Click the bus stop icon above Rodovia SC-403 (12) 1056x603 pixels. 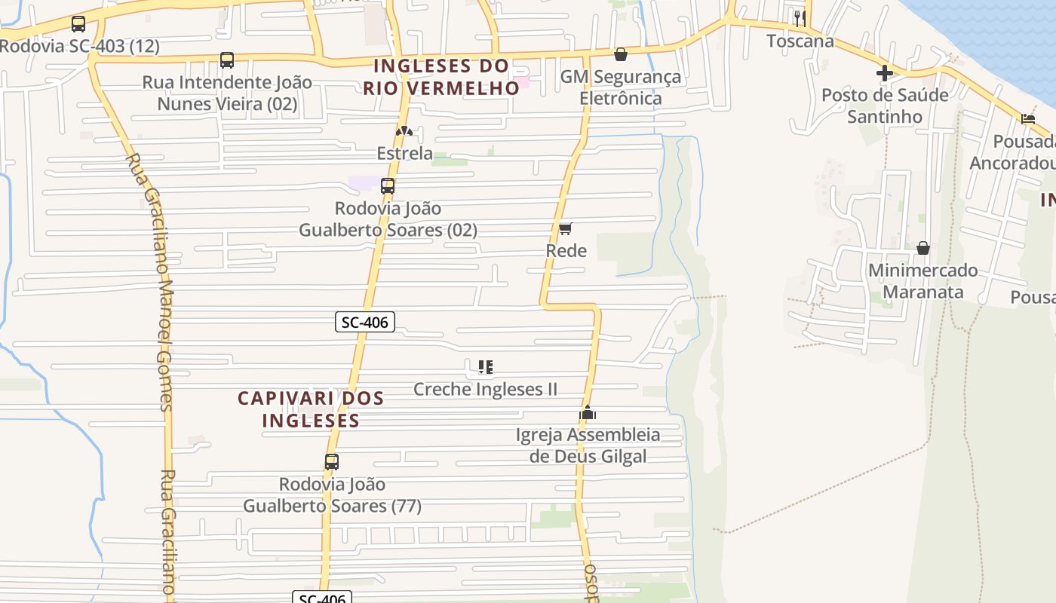pos(78,24)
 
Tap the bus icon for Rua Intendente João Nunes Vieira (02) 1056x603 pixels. pos(227,60)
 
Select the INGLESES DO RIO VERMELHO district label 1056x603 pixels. pos(441,77)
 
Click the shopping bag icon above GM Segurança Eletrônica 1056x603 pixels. pos(621,54)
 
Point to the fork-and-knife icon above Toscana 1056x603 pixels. pos(800,18)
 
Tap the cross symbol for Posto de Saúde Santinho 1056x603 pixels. pos(885,73)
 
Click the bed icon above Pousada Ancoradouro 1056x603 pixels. pos(1028,118)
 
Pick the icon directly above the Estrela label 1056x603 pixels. pos(404,131)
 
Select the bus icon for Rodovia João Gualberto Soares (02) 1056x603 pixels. pos(388,186)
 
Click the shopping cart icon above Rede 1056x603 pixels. pos(566,228)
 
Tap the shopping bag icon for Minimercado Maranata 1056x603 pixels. pos(922,248)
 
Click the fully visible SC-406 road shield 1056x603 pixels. pos(365,323)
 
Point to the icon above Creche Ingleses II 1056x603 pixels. pos(486,367)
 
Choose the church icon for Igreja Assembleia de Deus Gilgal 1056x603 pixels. pos(588,412)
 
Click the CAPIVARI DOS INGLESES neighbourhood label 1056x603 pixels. pos(311,409)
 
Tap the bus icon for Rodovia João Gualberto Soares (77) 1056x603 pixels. pos(332,462)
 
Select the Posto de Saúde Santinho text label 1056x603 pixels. pos(885,106)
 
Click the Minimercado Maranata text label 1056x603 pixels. pos(922,280)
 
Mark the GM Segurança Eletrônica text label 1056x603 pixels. pos(621,87)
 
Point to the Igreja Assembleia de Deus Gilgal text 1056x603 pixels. pos(588,445)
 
